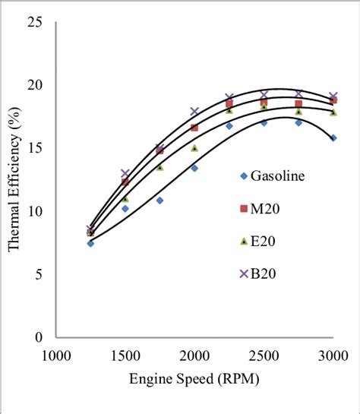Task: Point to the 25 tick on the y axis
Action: pos(34,22)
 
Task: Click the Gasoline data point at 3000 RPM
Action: pos(333,138)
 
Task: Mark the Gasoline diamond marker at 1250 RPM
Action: pos(90,243)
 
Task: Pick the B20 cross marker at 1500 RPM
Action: pos(125,174)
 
